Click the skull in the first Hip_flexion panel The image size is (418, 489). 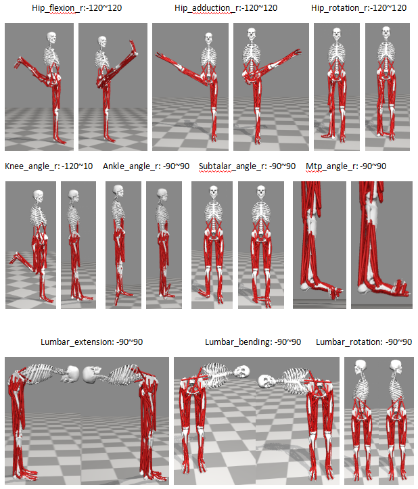(52, 38)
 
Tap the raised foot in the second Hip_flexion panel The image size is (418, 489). (133, 47)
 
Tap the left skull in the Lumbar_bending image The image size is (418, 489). (242, 372)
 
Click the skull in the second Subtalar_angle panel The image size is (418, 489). (261, 191)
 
